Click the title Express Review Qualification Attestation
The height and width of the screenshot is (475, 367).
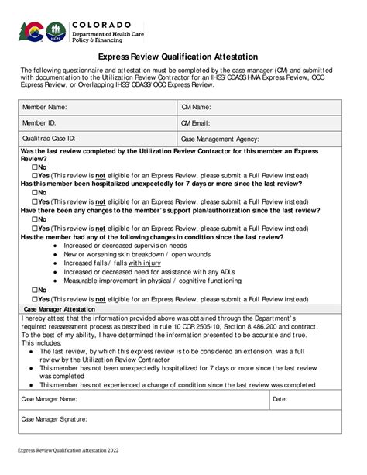(183, 57)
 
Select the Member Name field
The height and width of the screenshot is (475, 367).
(97, 107)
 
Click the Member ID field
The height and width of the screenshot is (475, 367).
(97, 122)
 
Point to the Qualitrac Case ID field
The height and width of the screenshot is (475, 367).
(97, 139)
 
